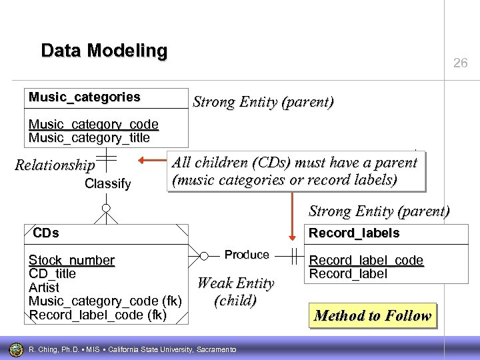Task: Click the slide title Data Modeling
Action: click(104, 51)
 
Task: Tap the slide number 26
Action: click(460, 63)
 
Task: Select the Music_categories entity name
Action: click(84, 97)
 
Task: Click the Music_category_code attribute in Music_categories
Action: click(93, 125)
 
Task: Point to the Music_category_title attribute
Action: click(89, 138)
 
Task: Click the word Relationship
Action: click(55, 165)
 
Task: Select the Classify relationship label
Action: click(108, 183)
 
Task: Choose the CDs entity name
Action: click(46, 233)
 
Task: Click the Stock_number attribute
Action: click(71, 260)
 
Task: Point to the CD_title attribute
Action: click(52, 273)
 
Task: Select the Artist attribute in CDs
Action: click(44, 287)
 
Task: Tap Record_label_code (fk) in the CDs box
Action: click(97, 314)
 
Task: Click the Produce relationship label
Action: click(247, 255)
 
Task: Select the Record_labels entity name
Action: click(353, 233)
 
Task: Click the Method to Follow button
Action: click(373, 315)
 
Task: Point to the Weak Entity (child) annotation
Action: click(235, 292)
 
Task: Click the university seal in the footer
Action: click(15, 349)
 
